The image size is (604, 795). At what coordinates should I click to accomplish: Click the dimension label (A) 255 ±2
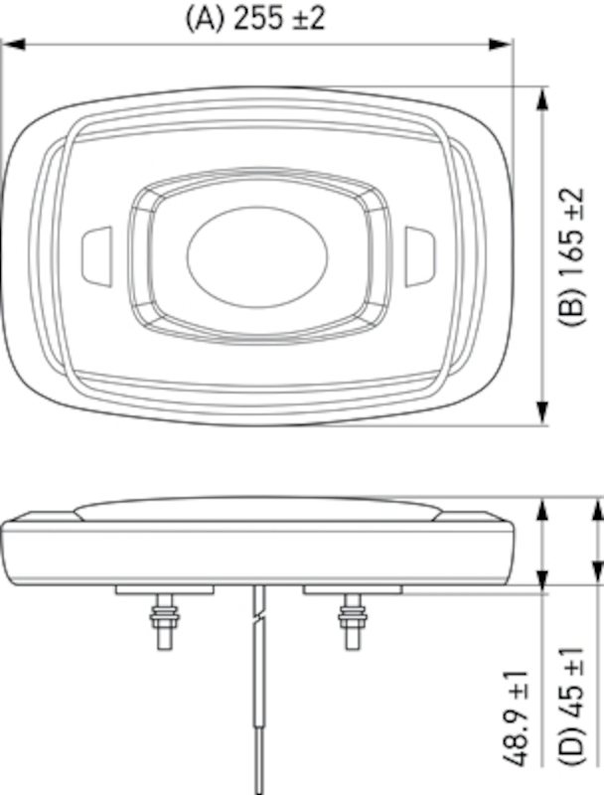coord(256,18)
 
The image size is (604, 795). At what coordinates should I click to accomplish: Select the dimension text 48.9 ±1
coord(518,723)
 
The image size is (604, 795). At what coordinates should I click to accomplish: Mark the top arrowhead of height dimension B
coord(543,97)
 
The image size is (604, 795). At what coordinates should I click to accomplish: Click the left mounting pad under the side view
coord(165,589)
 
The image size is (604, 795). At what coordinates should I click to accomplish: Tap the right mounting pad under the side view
coord(352,589)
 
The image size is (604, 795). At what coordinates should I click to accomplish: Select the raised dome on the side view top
coord(256,510)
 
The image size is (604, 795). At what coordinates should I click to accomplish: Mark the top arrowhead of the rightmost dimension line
coord(595,511)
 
